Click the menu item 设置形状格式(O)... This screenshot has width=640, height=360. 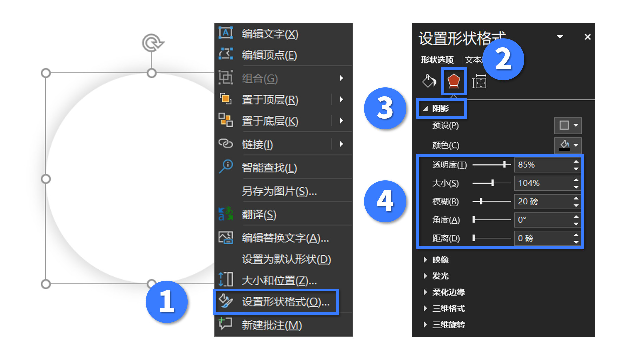tap(285, 302)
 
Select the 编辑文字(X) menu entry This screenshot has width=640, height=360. tap(270, 34)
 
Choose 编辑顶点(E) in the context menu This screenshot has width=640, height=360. tap(269, 55)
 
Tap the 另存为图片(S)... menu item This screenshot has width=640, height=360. tap(279, 191)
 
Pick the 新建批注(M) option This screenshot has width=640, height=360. tap(272, 325)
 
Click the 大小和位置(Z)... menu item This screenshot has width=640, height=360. tap(279, 281)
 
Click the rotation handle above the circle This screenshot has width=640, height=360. tap(152, 43)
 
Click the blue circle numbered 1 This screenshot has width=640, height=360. tap(167, 302)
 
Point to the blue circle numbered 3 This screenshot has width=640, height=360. tap(385, 108)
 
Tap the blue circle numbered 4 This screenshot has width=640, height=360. tap(385, 201)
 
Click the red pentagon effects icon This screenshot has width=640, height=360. tap(454, 81)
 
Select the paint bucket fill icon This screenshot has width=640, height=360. tap(429, 81)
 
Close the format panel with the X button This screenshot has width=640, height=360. tap(588, 37)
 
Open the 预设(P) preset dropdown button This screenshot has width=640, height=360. tap(568, 125)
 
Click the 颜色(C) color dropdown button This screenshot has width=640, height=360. tap(568, 145)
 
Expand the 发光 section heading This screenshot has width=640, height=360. tap(440, 276)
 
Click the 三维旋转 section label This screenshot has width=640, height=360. tap(448, 325)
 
